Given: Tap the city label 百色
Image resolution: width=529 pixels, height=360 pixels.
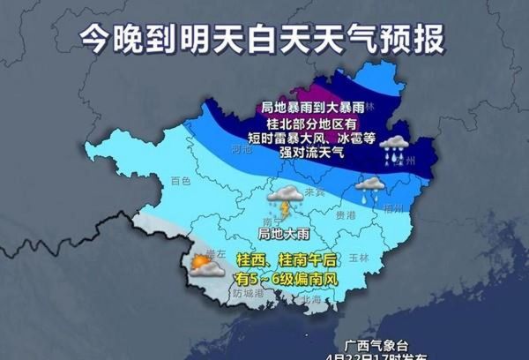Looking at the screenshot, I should [x=180, y=180].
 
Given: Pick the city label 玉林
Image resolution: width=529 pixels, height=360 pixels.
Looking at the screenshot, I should [x=357, y=258].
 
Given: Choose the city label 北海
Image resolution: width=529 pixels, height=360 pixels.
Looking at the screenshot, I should [x=309, y=299].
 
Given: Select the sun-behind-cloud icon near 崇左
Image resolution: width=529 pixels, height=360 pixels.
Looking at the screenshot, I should [x=203, y=266].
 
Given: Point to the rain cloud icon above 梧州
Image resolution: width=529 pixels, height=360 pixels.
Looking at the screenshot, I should [x=370, y=187].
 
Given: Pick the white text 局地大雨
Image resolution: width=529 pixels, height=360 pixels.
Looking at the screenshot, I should [x=276, y=234].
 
